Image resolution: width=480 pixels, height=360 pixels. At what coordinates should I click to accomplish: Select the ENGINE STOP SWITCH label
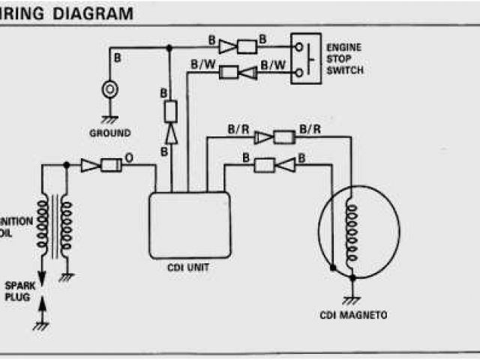coord(344,58)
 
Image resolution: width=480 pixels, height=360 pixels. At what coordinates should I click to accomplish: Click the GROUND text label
coord(109,133)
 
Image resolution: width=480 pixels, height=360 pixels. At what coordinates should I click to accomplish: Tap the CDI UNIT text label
coord(190,265)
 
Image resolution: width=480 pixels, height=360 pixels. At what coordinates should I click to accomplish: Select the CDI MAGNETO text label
coord(352,315)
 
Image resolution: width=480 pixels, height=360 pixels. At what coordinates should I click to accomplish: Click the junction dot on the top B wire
coord(168,46)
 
